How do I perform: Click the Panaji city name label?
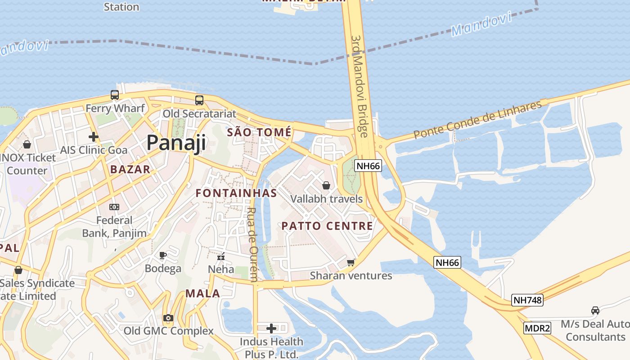pyautogui.click(x=176, y=143)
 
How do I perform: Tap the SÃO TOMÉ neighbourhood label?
pyautogui.click(x=259, y=132)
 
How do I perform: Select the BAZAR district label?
pyautogui.click(x=130, y=169)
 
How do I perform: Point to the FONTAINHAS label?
pyautogui.click(x=236, y=193)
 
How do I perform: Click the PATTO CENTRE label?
pyautogui.click(x=327, y=226)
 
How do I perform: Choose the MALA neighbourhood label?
pyautogui.click(x=203, y=294)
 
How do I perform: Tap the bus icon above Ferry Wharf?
pyautogui.click(x=115, y=95)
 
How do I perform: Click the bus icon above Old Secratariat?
pyautogui.click(x=199, y=100)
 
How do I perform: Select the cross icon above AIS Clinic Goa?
pyautogui.click(x=94, y=136)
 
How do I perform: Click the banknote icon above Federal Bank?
pyautogui.click(x=114, y=207)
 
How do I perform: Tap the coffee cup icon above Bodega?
pyautogui.click(x=163, y=256)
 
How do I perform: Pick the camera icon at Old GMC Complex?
pyautogui.click(x=168, y=318)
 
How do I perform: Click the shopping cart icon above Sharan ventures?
pyautogui.click(x=351, y=262)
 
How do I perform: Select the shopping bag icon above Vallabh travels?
pyautogui.click(x=326, y=185)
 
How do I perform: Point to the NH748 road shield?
pyautogui.click(x=527, y=300)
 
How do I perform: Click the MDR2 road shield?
pyautogui.click(x=537, y=328)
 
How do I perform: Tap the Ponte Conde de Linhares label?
pyautogui.click(x=477, y=120)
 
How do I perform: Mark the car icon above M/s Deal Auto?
pyautogui.click(x=595, y=310)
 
